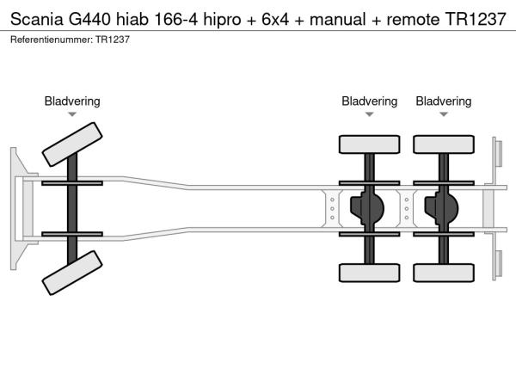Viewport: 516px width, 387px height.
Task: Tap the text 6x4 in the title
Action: point(272,18)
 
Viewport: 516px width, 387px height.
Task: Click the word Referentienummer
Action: point(49,40)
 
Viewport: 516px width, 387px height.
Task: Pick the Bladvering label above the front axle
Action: point(72,101)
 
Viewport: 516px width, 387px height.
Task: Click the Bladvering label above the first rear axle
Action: point(369,101)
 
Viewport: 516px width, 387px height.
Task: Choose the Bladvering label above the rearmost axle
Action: point(444,101)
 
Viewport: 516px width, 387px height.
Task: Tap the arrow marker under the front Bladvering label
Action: point(72,114)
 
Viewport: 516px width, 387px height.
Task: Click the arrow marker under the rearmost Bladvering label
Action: point(444,114)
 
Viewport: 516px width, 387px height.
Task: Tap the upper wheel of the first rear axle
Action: point(369,144)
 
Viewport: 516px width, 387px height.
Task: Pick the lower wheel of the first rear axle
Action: point(369,273)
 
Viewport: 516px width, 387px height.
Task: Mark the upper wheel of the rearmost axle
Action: point(444,144)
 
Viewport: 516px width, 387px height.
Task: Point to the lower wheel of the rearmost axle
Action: point(444,273)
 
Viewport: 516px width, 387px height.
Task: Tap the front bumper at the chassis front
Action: point(16,207)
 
